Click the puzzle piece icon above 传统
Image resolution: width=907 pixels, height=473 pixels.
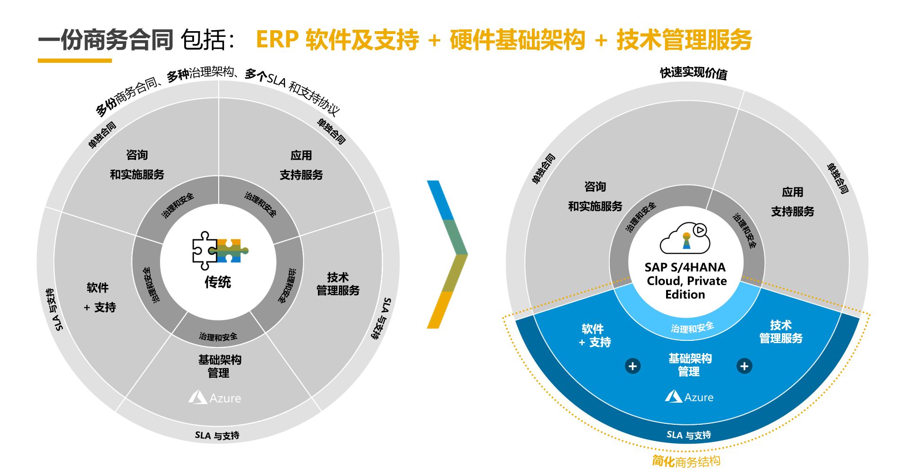tap(219, 250)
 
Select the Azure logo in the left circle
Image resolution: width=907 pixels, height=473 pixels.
tap(214, 398)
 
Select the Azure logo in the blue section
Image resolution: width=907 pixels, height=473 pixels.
tap(689, 397)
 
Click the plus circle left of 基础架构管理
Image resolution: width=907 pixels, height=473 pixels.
tap(633, 366)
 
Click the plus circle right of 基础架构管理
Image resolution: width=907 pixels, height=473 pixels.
tap(744, 366)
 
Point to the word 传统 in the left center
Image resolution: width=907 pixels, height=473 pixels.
tap(217, 282)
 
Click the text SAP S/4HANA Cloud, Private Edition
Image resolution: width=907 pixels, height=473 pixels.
tap(685, 281)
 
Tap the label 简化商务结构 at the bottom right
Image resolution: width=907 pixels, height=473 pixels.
tap(686, 461)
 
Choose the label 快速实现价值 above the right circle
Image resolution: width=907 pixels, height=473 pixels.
tap(693, 73)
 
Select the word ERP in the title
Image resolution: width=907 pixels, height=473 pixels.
tap(277, 40)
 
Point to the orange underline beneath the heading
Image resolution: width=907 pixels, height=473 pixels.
tap(75, 60)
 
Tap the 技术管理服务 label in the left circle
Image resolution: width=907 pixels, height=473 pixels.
tap(338, 284)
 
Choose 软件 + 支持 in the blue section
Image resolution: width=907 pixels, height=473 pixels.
tap(594, 335)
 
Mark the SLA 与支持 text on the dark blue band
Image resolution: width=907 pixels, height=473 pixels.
tap(688, 435)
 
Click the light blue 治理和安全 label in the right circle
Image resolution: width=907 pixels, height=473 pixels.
tap(692, 328)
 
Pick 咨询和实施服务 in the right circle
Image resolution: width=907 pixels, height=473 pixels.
tap(595, 196)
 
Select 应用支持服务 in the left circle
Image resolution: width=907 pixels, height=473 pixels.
tap(301, 165)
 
